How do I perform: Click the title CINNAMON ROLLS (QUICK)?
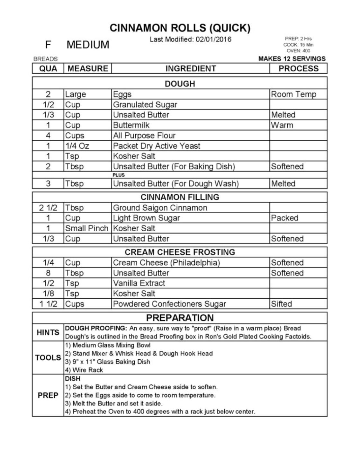pyautogui.click(x=180, y=28)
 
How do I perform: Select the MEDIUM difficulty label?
pyautogui.click(x=88, y=45)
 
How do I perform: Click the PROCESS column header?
pyautogui.click(x=298, y=68)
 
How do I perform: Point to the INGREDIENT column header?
pyautogui.click(x=191, y=68)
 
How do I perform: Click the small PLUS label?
pyautogui.click(x=119, y=175)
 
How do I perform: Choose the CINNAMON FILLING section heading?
pyautogui.click(x=180, y=197)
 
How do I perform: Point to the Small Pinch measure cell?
pyautogui.click(x=87, y=228)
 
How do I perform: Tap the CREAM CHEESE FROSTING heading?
pyautogui.click(x=180, y=252)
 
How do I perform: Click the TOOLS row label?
pyautogui.click(x=48, y=358)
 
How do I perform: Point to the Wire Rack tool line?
pyautogui.click(x=84, y=370)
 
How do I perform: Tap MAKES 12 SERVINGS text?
pyautogui.click(x=292, y=59)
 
